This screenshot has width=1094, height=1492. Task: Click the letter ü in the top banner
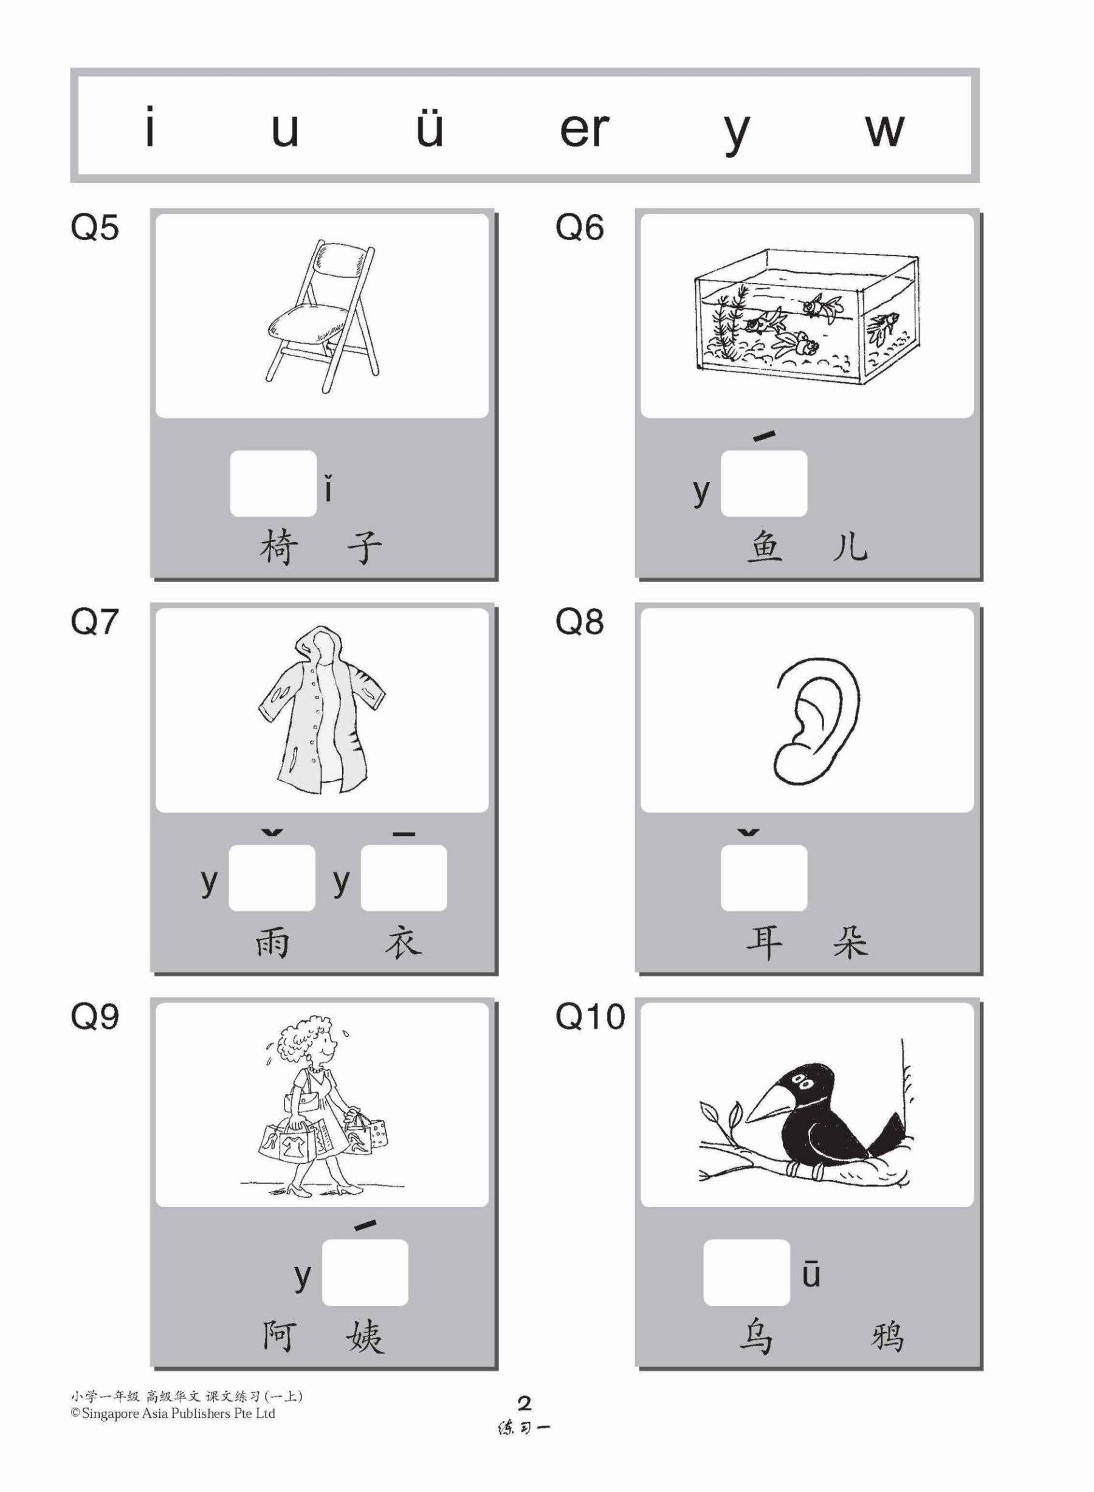pos(429,128)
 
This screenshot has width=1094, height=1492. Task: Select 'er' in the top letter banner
pos(583,130)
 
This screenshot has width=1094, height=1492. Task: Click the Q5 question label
pos(95,228)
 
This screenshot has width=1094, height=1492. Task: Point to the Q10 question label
pos(590,1016)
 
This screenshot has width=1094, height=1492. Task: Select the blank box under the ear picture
pos(763,878)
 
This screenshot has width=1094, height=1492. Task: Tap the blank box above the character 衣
pos(404,878)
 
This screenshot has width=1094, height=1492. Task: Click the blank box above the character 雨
pos(272,878)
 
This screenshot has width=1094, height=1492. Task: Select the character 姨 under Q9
pos(365,1337)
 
